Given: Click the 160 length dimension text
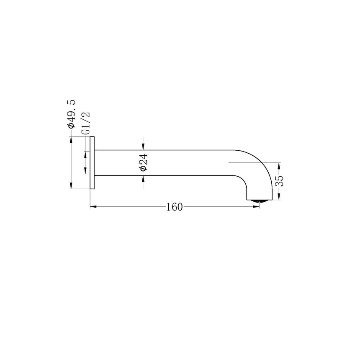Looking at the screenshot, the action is (x=175, y=207).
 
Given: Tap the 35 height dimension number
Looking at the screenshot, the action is (x=279, y=181).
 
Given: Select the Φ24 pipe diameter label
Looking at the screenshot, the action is (x=144, y=162).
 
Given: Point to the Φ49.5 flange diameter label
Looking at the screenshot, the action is (x=71, y=114).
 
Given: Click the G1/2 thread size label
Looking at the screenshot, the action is (x=86, y=123).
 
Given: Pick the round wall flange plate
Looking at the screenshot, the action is (x=92, y=163).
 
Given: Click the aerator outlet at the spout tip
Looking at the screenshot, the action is (x=260, y=201).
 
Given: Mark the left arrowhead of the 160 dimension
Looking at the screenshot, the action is (x=93, y=207).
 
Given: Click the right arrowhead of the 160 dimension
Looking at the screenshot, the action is (x=256, y=207).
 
